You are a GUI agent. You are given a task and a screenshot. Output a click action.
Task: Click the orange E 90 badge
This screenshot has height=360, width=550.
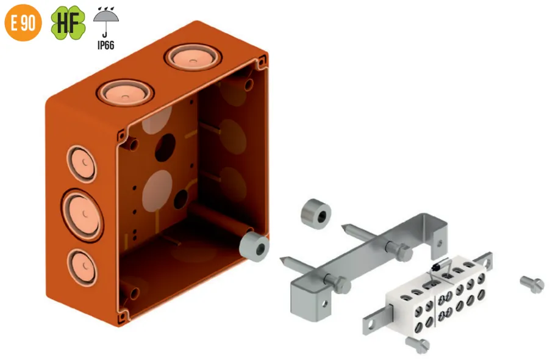(x=23, y=23)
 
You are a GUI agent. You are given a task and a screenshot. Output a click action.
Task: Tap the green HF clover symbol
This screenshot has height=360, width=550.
(x=68, y=23)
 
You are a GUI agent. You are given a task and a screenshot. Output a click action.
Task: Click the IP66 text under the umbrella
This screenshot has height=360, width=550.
(x=105, y=45)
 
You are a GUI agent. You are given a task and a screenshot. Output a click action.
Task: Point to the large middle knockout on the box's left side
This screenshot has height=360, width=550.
(x=82, y=215)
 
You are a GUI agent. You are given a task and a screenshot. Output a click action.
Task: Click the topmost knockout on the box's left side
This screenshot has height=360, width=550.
(x=81, y=164)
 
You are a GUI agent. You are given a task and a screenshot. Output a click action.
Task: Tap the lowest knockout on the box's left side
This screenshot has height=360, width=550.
(x=82, y=267)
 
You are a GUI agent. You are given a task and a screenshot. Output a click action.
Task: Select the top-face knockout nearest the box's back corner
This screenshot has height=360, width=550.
(x=193, y=57)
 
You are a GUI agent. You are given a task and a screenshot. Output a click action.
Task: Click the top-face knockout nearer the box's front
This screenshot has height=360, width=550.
(x=125, y=93)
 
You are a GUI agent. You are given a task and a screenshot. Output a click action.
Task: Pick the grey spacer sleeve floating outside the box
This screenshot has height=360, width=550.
(x=316, y=214)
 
